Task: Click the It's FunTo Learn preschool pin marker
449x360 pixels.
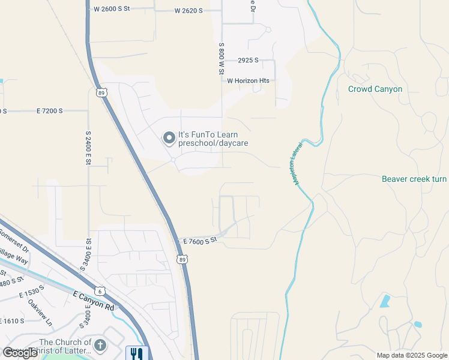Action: [x=169, y=139]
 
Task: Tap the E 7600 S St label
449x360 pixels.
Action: [x=200, y=241]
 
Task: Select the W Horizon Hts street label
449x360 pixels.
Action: [x=247, y=80]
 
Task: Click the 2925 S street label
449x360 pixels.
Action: [x=248, y=61]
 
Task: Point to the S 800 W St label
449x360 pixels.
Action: [x=221, y=58]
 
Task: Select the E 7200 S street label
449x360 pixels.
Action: [x=54, y=111]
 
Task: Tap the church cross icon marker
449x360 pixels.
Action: [x=100, y=345]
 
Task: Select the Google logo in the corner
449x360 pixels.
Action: [x=20, y=353]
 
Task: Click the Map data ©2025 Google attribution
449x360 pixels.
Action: [x=411, y=355]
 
